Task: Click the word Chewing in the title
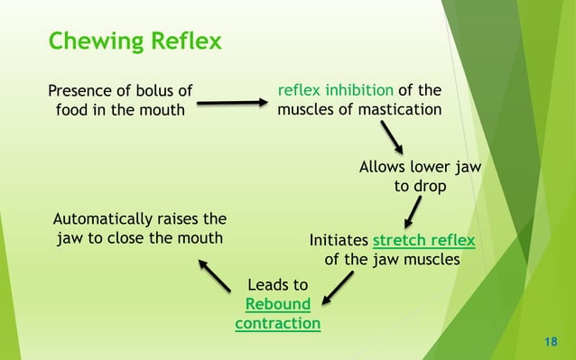point(91,42)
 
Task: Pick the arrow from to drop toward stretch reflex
point(412,214)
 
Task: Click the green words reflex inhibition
point(335,90)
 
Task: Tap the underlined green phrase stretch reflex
point(423,241)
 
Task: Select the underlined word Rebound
point(277,304)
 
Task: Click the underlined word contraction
point(277,323)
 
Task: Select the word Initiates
point(339,241)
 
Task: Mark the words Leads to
point(277,285)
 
